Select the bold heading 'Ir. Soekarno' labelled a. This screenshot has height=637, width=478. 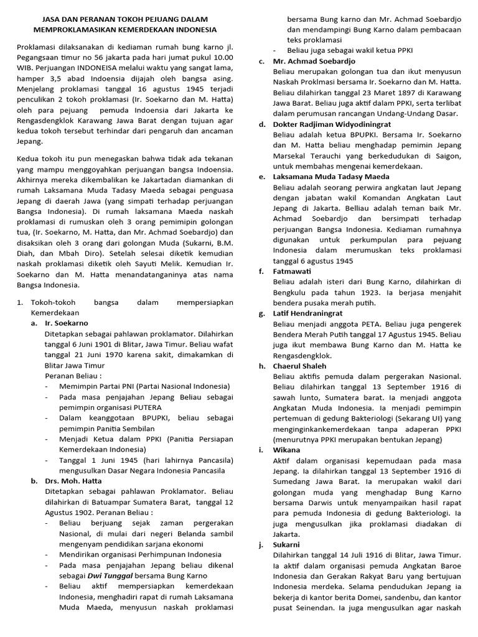pyautogui.click(x=67, y=323)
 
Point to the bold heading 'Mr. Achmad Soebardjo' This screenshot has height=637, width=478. pyautogui.click(x=314, y=61)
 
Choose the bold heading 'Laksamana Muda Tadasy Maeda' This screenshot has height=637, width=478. pyautogui.click(x=331, y=177)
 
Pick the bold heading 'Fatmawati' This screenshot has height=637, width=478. pyautogui.click(x=292, y=271)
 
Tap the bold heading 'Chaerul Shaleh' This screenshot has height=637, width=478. pyautogui.click(x=299, y=366)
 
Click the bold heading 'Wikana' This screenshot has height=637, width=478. pyautogui.click(x=286, y=450)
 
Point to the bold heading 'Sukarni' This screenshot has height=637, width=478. pyautogui.click(x=287, y=544)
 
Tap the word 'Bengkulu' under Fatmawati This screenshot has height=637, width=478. pyautogui.click(x=293, y=292)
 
